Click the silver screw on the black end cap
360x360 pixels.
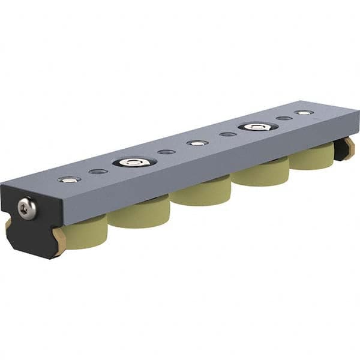[27, 208]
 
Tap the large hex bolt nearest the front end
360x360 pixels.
[134, 161]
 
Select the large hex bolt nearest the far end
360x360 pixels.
[257, 127]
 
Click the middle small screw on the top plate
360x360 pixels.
[197, 143]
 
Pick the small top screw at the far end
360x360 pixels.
[304, 113]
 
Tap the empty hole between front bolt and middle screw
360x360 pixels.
[167, 152]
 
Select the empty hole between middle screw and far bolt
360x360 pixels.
[228, 134]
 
